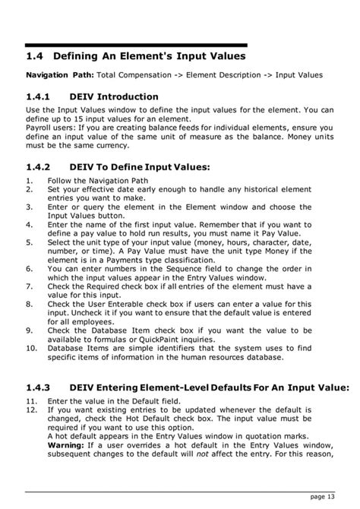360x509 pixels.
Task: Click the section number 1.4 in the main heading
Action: coord(35,56)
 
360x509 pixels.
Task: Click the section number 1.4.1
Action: coord(40,97)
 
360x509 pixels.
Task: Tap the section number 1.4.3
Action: coord(40,387)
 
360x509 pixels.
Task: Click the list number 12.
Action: coord(31,409)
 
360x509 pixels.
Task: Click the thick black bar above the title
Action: coord(137,46)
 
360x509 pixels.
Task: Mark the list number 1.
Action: coord(28,181)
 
